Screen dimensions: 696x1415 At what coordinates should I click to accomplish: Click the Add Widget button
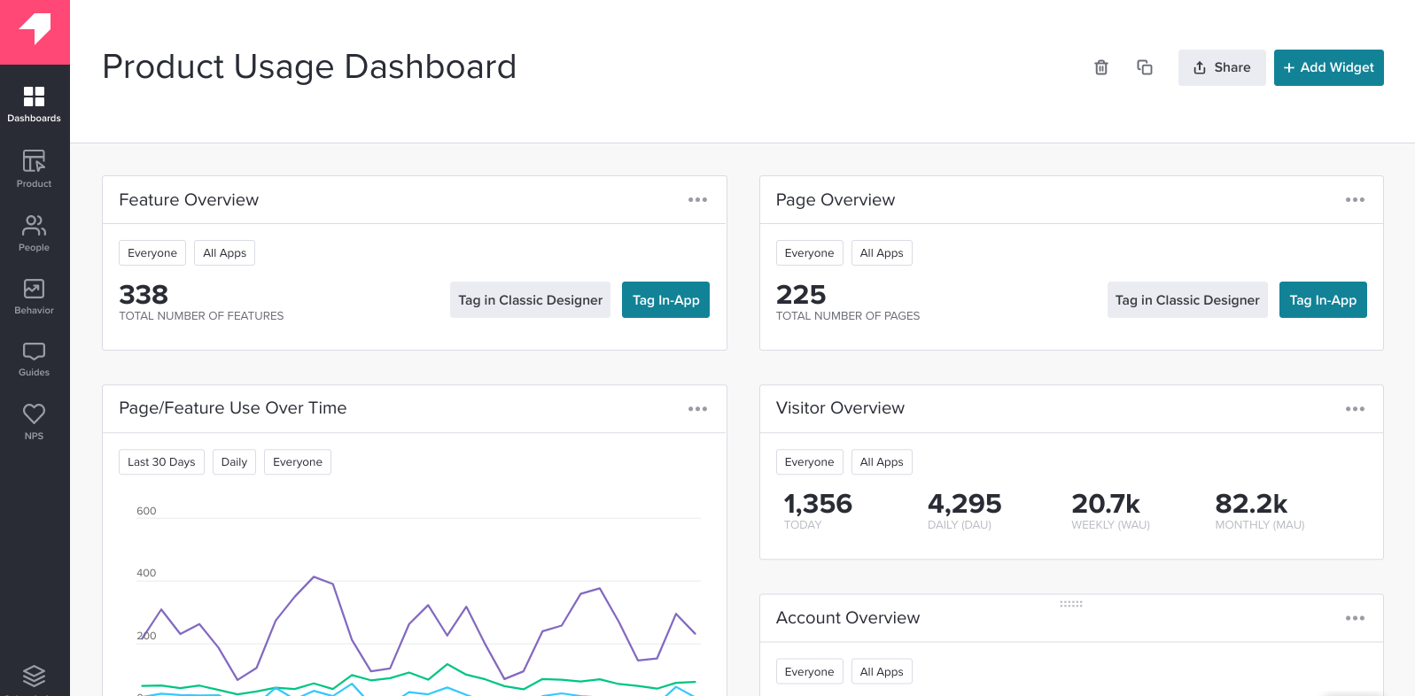tap(1328, 67)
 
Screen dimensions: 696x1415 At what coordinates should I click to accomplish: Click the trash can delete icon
tap(1100, 67)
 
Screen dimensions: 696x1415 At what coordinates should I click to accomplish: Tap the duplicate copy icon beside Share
tap(1144, 67)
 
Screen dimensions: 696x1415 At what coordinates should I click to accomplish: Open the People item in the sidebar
tap(34, 233)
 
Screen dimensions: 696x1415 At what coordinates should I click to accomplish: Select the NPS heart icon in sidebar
tap(34, 421)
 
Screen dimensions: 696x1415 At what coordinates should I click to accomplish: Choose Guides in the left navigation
tap(34, 359)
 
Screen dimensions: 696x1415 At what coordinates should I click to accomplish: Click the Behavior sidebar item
tap(34, 296)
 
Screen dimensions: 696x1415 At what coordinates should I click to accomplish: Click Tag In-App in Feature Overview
tap(665, 300)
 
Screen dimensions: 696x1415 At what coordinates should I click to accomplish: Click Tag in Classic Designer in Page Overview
tap(1186, 300)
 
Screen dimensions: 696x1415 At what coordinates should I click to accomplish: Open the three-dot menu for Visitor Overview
tap(1354, 409)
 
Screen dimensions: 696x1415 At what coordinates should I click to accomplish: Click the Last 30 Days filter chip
tap(161, 462)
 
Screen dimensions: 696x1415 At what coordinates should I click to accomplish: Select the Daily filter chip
tap(234, 462)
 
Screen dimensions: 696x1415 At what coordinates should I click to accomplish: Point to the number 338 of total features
tap(144, 295)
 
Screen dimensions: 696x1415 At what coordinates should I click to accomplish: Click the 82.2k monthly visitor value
tap(1250, 504)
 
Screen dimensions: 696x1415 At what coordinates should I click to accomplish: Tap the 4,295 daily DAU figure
tap(964, 504)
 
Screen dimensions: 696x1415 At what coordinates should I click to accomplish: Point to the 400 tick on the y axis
tap(146, 573)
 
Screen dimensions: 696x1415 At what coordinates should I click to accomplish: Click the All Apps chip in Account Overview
tap(881, 671)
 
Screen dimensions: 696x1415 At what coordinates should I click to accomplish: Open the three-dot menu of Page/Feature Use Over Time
tap(697, 409)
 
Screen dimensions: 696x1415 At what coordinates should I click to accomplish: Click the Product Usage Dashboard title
tap(309, 67)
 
